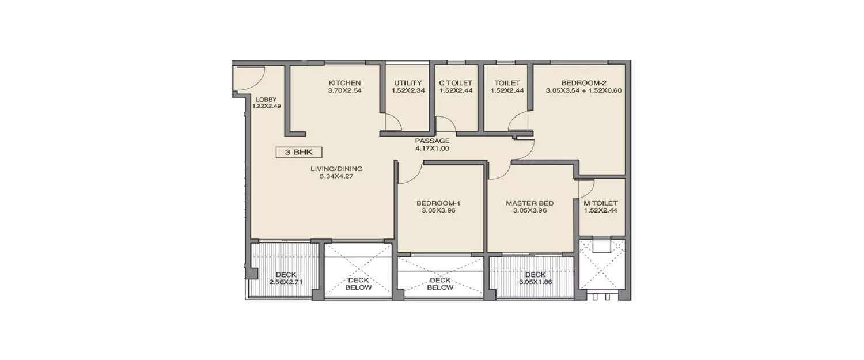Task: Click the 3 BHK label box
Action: coord(298,153)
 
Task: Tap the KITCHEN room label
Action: coord(344,83)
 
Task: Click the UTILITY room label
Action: coord(408,83)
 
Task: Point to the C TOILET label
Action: coord(455,83)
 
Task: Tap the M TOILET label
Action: coord(601,203)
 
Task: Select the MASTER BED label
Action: coord(529,203)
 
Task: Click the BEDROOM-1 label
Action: coord(439,203)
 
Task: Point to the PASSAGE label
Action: coord(432,141)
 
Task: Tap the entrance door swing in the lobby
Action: coord(249,78)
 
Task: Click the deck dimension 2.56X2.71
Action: coord(286,282)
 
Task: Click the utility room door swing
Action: coord(393,122)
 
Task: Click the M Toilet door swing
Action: coord(586,188)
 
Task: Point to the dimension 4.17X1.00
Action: coord(432,149)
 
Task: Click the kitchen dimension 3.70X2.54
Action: coord(344,90)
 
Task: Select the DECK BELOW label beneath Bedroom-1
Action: coord(440,284)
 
